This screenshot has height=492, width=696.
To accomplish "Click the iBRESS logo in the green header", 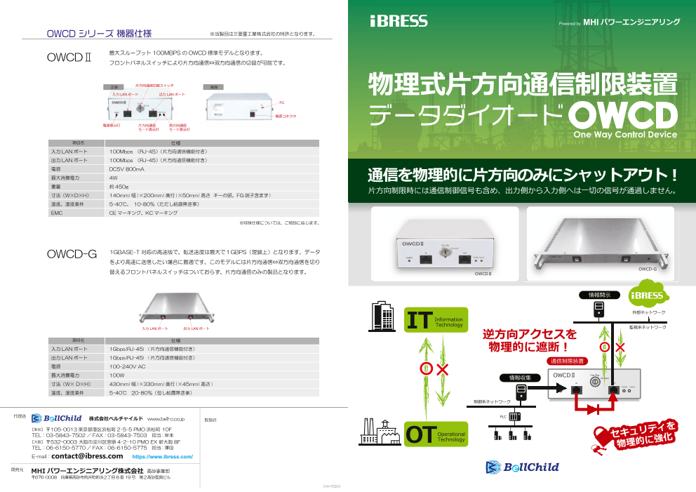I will (399, 21).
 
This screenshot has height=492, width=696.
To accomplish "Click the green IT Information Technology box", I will (436, 321).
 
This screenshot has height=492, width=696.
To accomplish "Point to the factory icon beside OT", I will (380, 431).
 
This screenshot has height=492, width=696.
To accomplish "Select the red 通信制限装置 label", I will (567, 361).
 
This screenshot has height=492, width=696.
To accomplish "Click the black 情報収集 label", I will (520, 378).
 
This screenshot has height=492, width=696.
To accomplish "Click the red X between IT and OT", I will (443, 369).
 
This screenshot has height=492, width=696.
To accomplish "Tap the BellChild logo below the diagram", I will (522, 467).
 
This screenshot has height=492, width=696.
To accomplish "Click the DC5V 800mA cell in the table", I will (127, 169).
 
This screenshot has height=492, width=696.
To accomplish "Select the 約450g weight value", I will (119, 187).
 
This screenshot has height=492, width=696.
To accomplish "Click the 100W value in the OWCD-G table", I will (117, 375).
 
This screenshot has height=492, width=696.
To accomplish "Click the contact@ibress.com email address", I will (87, 456).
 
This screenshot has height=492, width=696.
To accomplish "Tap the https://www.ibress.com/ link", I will (163, 456).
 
